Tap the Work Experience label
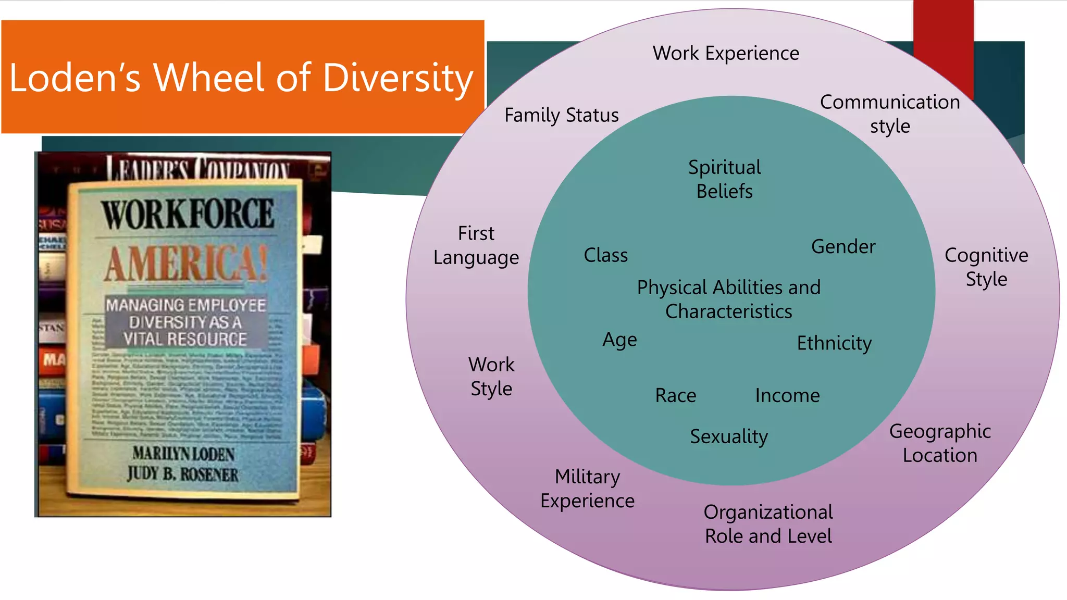[x=726, y=53]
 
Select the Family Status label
[x=561, y=115]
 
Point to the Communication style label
[x=890, y=114]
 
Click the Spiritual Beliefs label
[x=724, y=179]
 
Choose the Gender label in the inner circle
[x=843, y=246]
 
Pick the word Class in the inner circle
[x=605, y=255]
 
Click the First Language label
[x=476, y=245]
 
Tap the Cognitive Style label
[x=986, y=267]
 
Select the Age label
[x=619, y=340]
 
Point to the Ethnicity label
[x=834, y=343]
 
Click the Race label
[x=675, y=395]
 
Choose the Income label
[x=787, y=395]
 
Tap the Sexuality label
[x=728, y=436]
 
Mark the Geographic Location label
[x=940, y=443]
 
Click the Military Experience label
[x=587, y=489]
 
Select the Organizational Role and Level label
[x=768, y=524]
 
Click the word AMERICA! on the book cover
[x=185, y=264]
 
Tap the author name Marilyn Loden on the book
[x=183, y=454]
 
